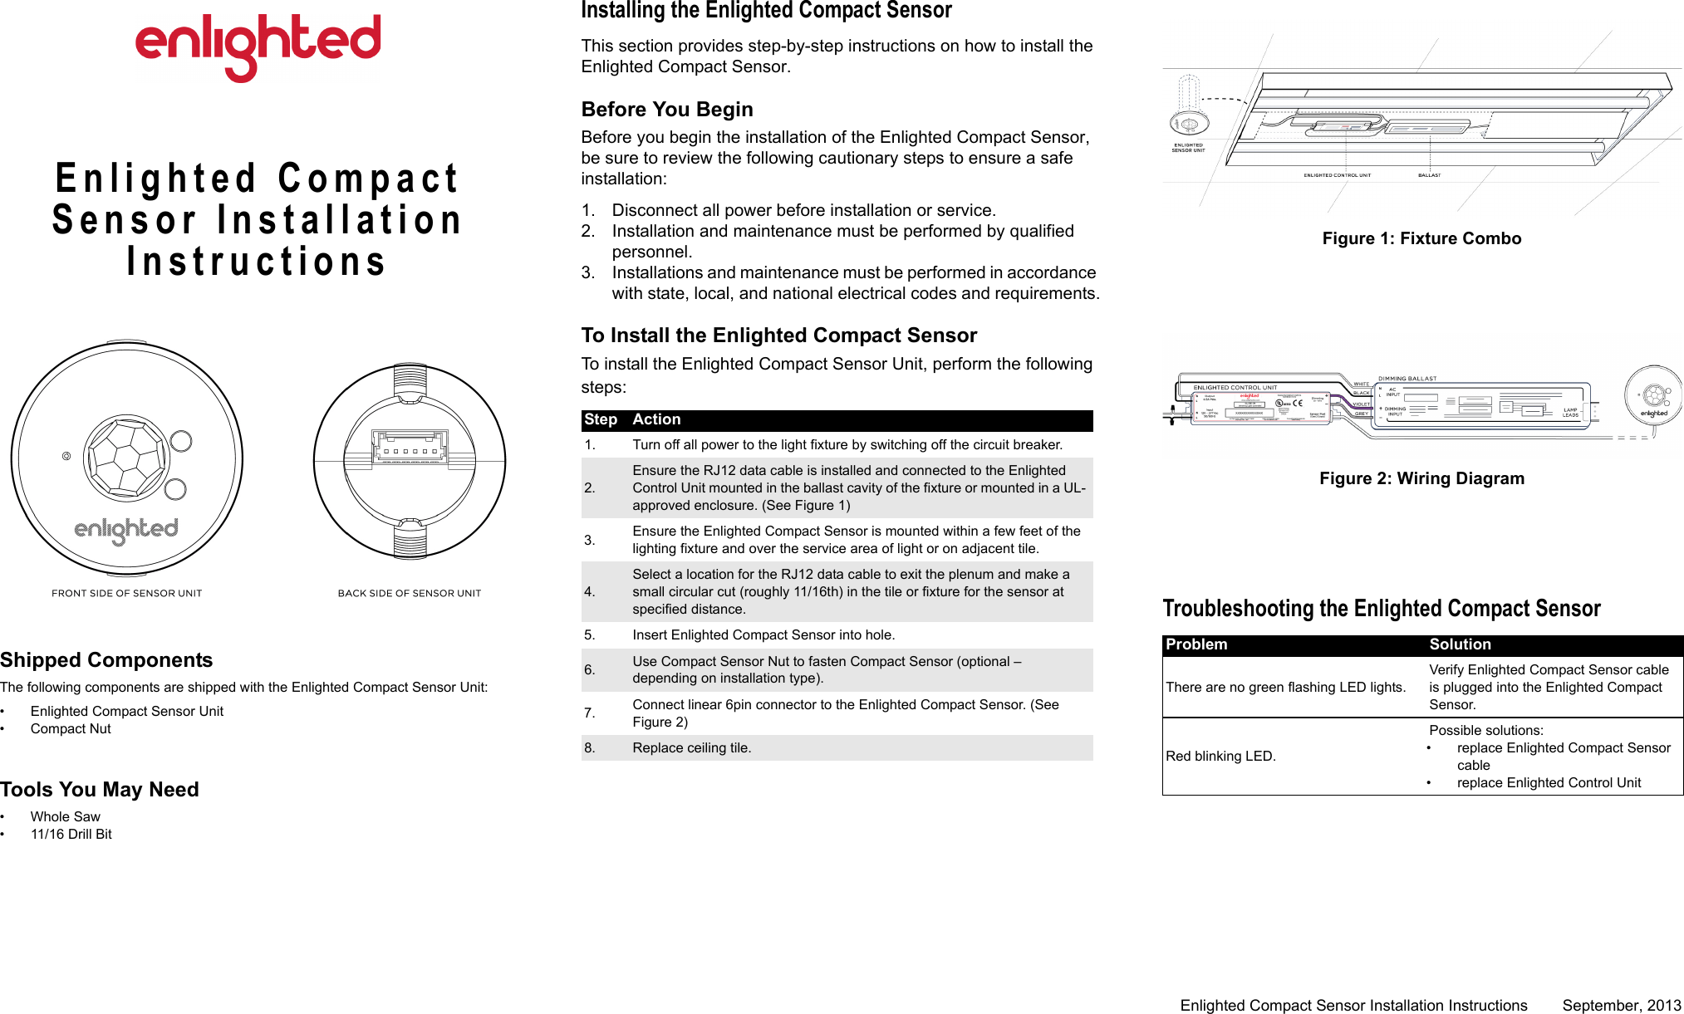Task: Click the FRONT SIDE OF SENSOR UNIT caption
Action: (x=126, y=593)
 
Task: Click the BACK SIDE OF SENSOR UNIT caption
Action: (x=409, y=593)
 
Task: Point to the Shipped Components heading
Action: (x=106, y=659)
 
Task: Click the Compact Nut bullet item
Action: (x=71, y=728)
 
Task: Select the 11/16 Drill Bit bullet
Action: (x=71, y=834)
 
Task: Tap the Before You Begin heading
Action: (x=667, y=110)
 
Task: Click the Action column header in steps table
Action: (x=656, y=419)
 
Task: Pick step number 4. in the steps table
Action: (x=590, y=591)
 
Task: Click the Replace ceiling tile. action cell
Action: (x=691, y=747)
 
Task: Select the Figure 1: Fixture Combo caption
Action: (x=1421, y=238)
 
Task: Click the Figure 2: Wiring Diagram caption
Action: (x=1421, y=478)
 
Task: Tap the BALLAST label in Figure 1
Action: (x=1429, y=175)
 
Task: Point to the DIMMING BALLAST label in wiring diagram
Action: (x=1407, y=379)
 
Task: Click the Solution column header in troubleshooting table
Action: (x=1460, y=644)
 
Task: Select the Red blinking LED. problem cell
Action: (x=1220, y=756)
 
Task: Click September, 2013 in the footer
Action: (x=1621, y=1005)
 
